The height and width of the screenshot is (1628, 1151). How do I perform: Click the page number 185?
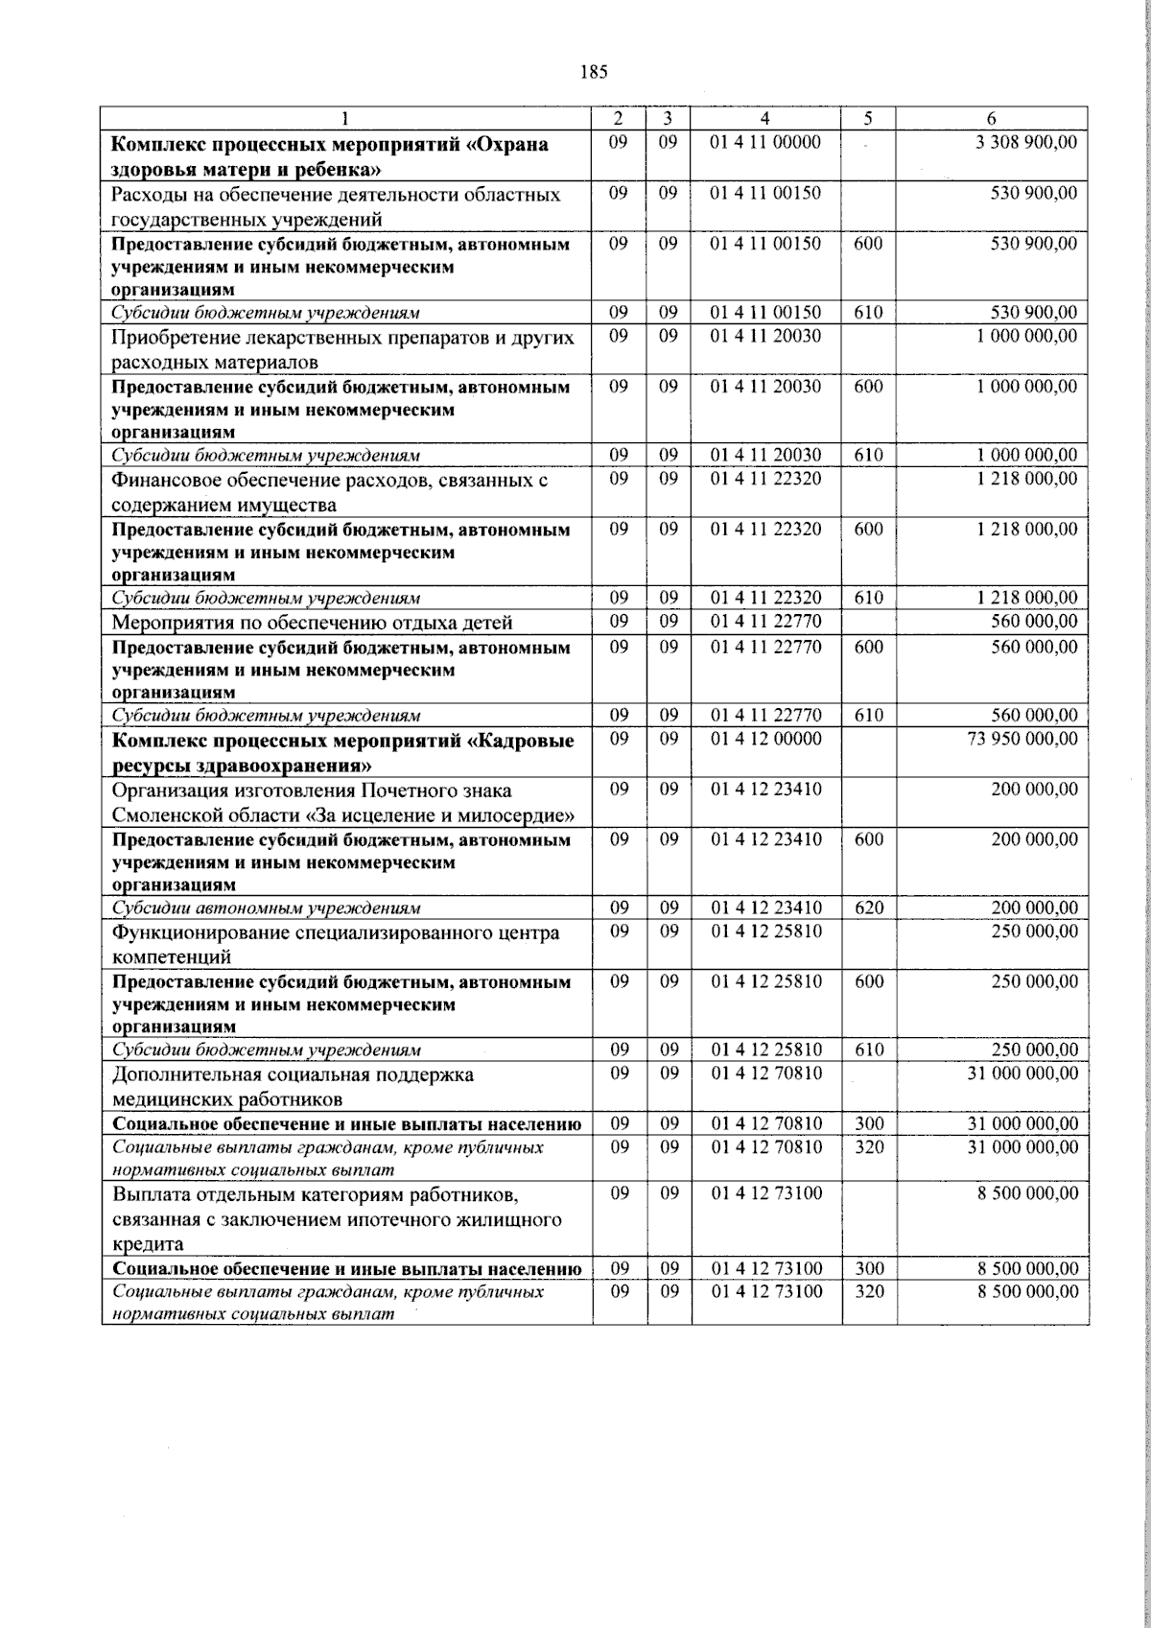pos(594,72)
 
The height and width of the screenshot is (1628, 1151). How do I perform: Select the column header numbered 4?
pos(764,118)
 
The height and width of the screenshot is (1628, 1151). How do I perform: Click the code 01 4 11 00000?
pos(764,143)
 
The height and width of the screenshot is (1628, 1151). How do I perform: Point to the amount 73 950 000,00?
pos(1022,740)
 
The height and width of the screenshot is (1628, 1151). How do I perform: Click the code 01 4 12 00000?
pos(764,740)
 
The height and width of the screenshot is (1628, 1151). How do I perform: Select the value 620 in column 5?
pos(868,908)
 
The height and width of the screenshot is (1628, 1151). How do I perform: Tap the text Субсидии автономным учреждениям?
pos(267,908)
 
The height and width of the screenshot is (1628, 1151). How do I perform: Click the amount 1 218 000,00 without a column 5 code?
pos(1026,479)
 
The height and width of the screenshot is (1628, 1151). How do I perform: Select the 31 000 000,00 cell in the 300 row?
pos(1022,1123)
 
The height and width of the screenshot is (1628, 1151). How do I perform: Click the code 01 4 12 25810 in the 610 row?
pos(764,1050)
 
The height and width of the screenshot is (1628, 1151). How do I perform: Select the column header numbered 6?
pos(991,118)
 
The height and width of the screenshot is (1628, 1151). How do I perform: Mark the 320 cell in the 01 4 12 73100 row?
pos(868,1292)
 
